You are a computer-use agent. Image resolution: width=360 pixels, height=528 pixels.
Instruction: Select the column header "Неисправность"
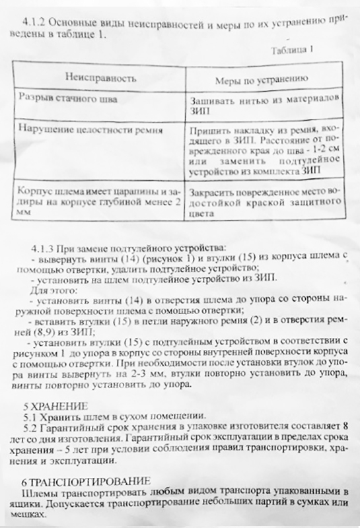[96, 78]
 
